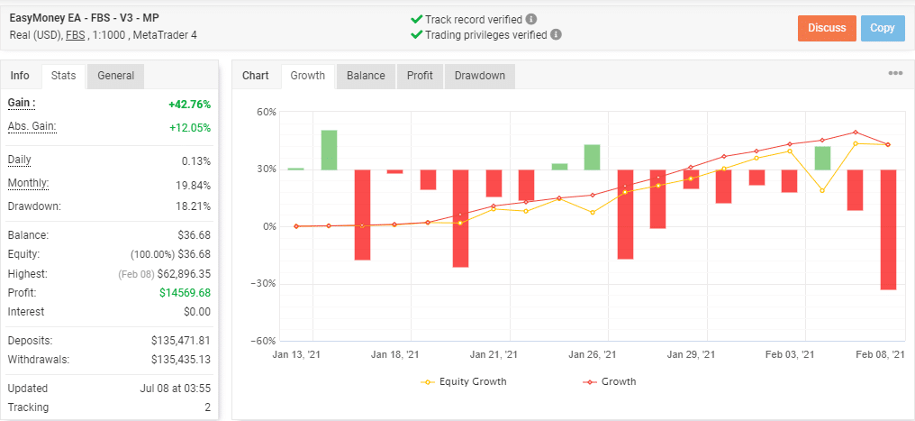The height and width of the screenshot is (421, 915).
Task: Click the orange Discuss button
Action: click(x=827, y=28)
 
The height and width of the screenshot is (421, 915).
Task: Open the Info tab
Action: click(x=20, y=76)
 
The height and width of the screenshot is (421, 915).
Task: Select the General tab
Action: click(x=116, y=76)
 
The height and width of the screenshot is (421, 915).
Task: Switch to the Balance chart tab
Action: click(x=366, y=76)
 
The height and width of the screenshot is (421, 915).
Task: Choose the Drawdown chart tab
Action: click(x=479, y=76)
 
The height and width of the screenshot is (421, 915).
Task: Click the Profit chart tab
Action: click(x=420, y=76)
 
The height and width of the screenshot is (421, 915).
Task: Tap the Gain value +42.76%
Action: click(x=189, y=104)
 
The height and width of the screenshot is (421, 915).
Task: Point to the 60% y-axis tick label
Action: click(x=266, y=112)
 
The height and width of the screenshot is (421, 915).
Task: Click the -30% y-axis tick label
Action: click(x=263, y=283)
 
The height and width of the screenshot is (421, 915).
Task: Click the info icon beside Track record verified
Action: click(x=531, y=19)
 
